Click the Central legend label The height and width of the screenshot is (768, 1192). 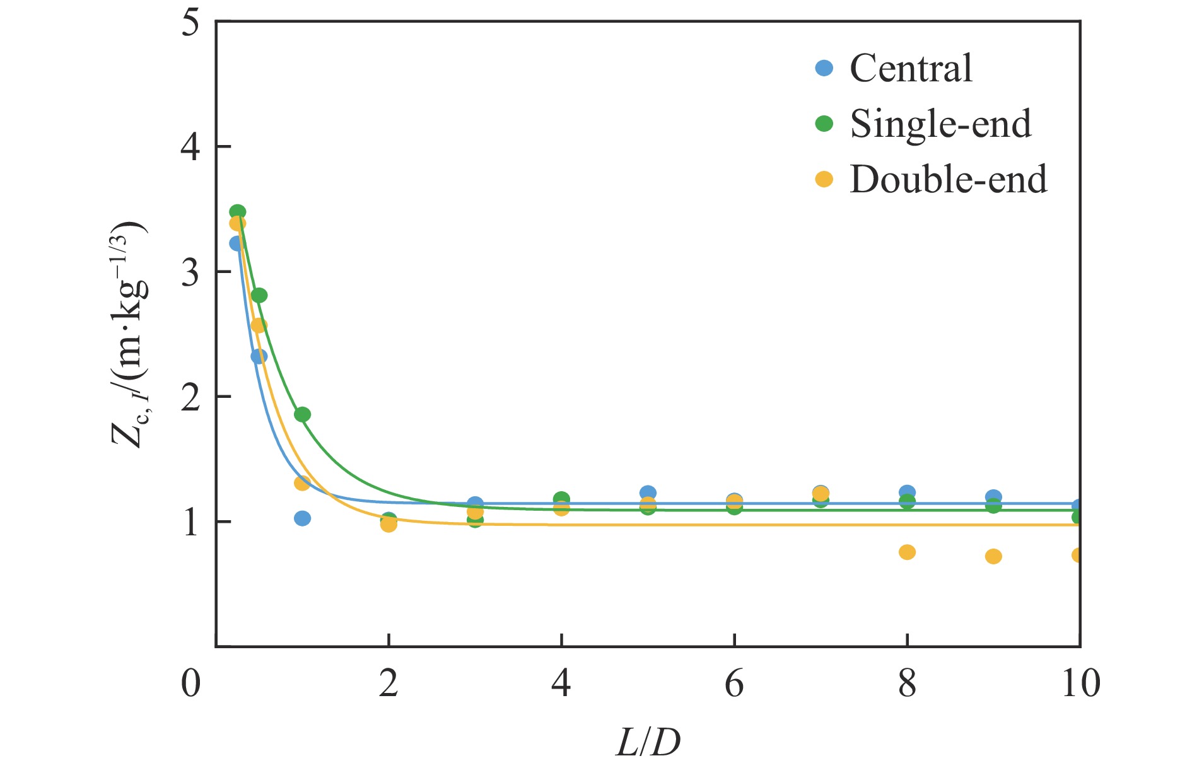tap(911, 68)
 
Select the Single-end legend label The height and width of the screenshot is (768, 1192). tap(940, 124)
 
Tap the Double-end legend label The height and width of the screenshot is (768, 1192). tap(948, 180)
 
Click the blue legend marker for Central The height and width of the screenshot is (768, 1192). tap(824, 68)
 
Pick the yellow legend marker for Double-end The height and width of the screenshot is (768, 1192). tap(824, 180)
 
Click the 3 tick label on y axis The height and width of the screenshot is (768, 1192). tap(190, 272)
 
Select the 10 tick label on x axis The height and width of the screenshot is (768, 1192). tap(1080, 684)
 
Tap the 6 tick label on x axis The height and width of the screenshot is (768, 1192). tap(734, 684)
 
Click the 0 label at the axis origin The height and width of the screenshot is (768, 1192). tap(190, 684)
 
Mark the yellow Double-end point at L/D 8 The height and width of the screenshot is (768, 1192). tap(907, 552)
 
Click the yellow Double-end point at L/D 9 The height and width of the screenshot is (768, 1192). tap(993, 556)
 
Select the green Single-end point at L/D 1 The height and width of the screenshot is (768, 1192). tap(302, 414)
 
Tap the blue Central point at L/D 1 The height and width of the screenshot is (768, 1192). tap(302, 518)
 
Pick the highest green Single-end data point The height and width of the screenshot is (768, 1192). tap(237, 212)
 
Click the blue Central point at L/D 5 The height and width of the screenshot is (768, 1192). tap(648, 493)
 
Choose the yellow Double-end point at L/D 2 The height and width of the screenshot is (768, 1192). tap(389, 525)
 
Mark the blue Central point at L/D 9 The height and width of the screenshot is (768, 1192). tap(993, 497)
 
